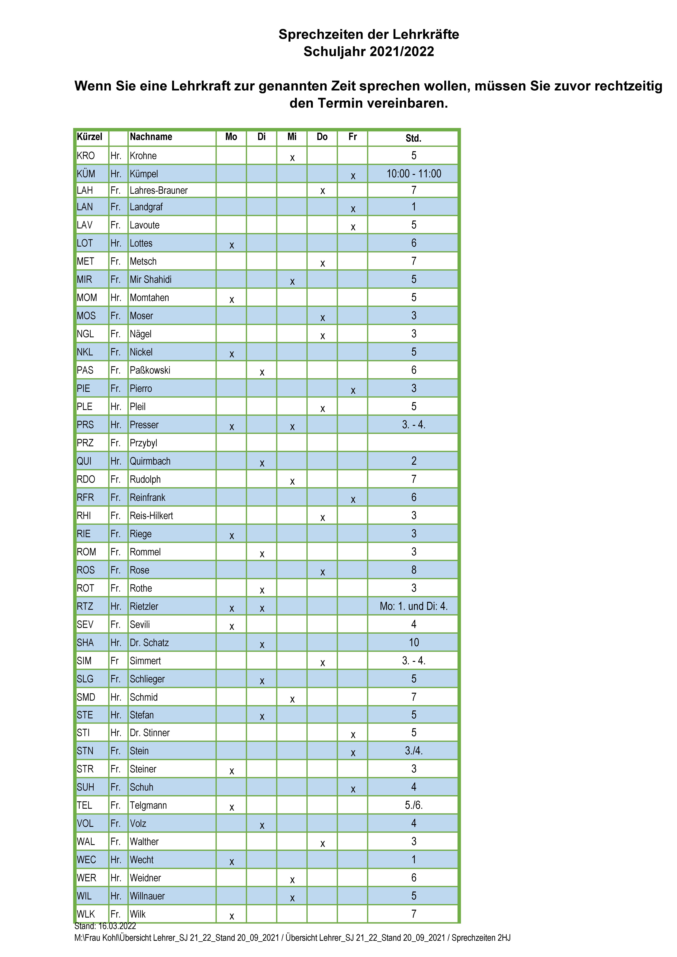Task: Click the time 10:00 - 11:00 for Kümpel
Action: click(x=414, y=174)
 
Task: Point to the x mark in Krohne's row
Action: click(x=292, y=158)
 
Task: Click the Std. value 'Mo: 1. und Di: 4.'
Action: click(x=414, y=606)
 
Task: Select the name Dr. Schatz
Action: click(x=149, y=643)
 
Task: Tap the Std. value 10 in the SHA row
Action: click(x=414, y=643)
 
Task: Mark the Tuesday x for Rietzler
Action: click(x=262, y=609)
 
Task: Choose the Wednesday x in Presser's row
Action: click(x=292, y=427)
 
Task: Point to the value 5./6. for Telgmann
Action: click(x=414, y=805)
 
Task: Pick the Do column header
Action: click(x=322, y=137)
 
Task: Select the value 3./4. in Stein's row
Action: click(x=414, y=751)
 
